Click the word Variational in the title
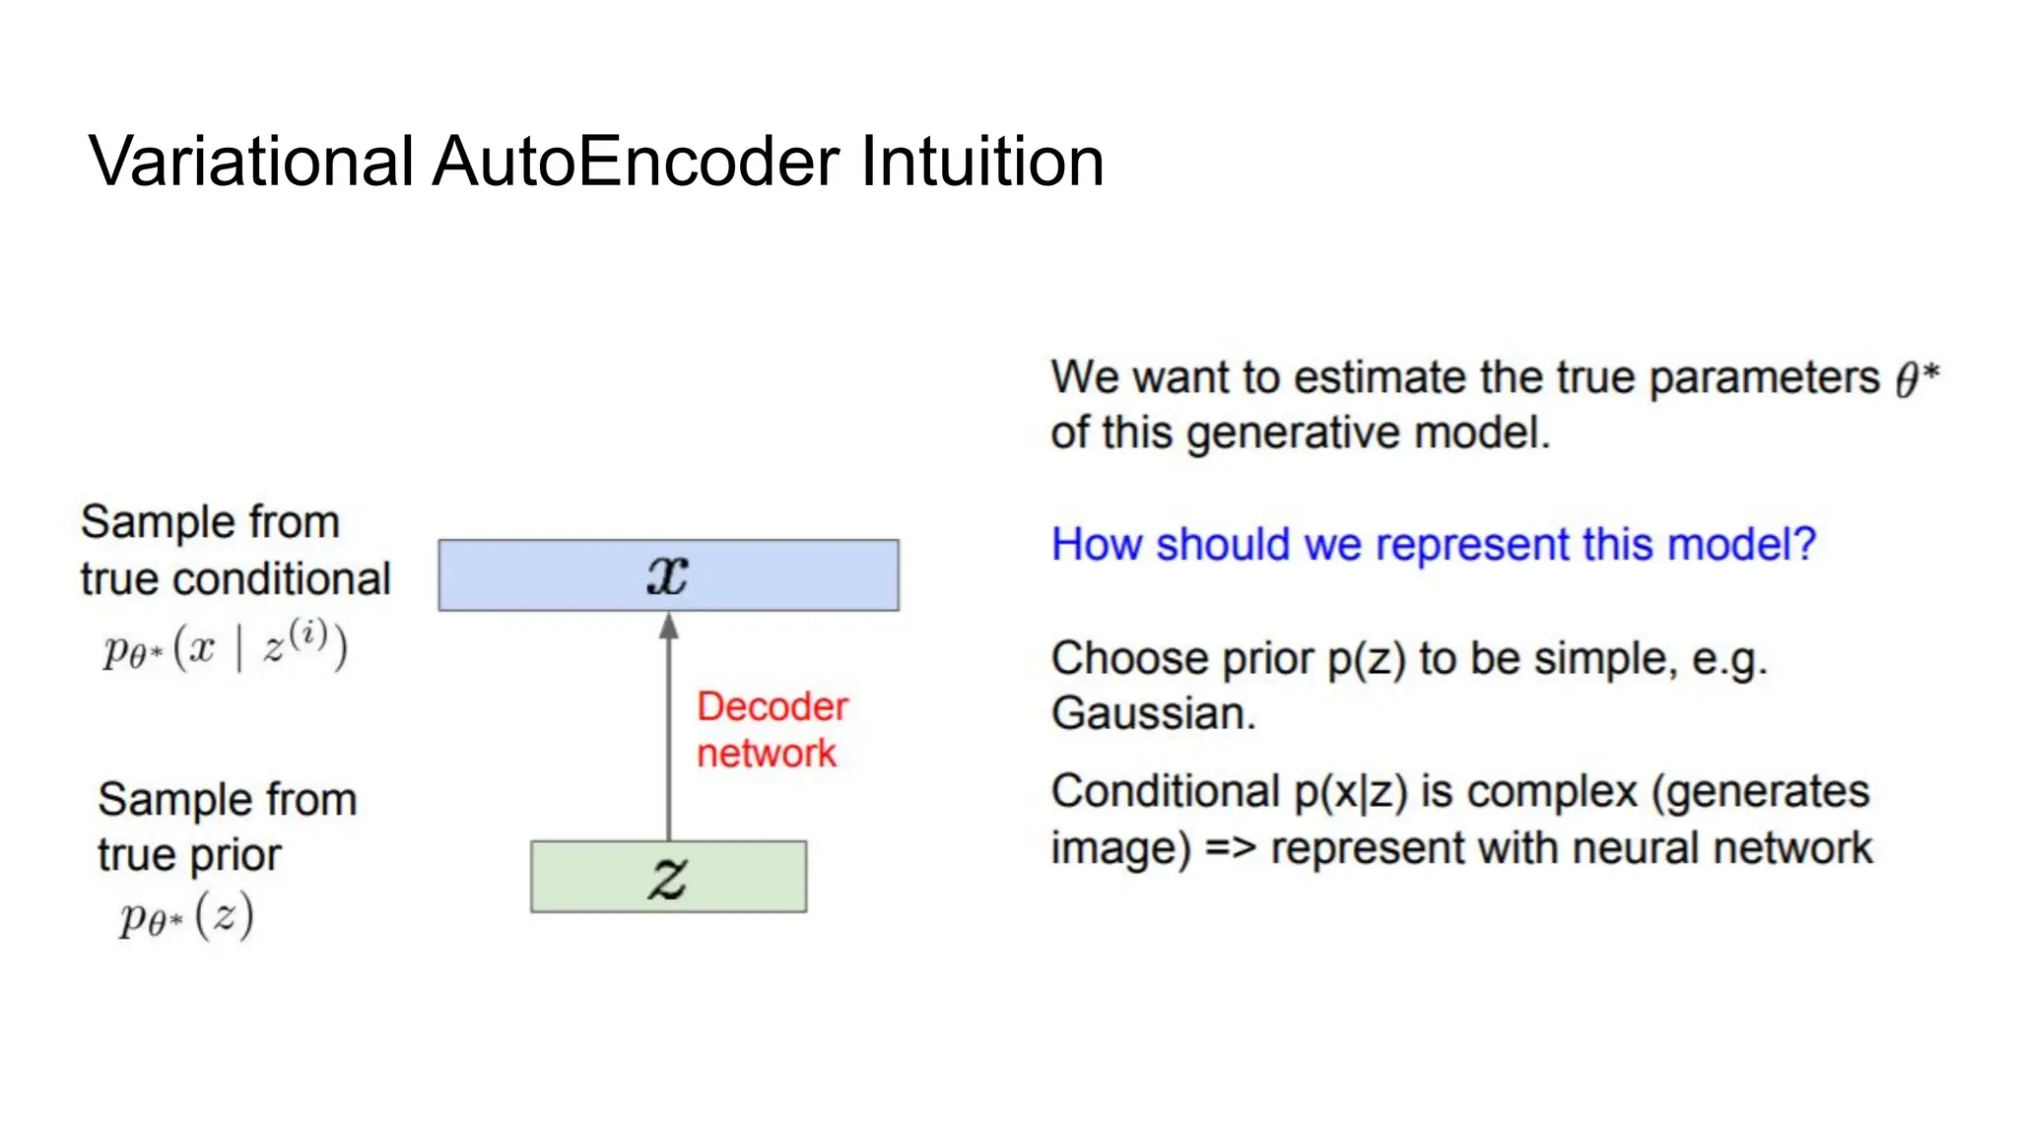coord(251,163)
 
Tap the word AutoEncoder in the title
coord(636,163)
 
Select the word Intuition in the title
coord(981,163)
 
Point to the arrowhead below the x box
coord(669,627)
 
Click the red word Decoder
coord(773,706)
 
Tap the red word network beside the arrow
coord(767,754)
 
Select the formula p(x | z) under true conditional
coord(225,647)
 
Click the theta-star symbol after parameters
coord(1917,378)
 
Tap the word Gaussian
coord(1152,713)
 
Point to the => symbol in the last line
coord(1230,848)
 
